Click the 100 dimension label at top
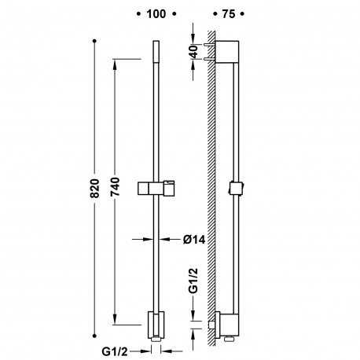pyautogui.click(x=156, y=14)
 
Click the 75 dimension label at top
pyautogui.click(x=229, y=14)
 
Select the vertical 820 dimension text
pyautogui.click(x=94, y=188)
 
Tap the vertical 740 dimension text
pyautogui.click(x=115, y=187)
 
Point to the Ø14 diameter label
pyautogui.click(x=194, y=240)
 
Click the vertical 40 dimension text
pyautogui.click(x=194, y=52)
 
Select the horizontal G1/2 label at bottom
pyautogui.click(x=115, y=351)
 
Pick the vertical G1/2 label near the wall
pyautogui.click(x=193, y=281)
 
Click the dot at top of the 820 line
pyautogui.click(x=94, y=41)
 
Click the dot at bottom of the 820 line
pyautogui.click(x=94, y=336)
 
